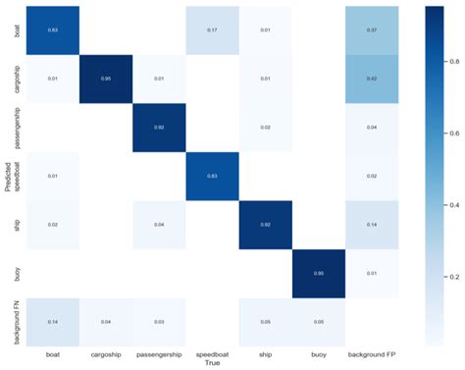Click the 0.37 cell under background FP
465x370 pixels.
point(372,29)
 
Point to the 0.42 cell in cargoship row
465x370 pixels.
point(372,79)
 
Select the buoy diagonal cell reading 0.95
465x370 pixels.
point(319,274)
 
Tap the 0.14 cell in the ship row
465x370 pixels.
point(372,226)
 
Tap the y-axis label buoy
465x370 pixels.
point(18,274)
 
